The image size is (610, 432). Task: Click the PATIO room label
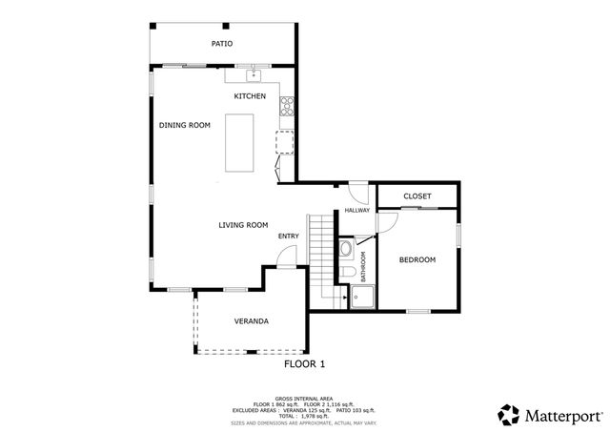click(x=221, y=44)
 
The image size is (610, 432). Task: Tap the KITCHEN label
click(x=251, y=96)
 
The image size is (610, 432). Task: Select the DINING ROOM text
click(x=184, y=125)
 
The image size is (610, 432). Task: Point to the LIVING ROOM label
click(x=242, y=225)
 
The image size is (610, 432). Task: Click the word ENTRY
click(x=288, y=237)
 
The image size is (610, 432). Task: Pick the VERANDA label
click(x=251, y=321)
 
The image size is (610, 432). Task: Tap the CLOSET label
click(x=417, y=196)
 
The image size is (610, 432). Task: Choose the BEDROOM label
click(x=417, y=259)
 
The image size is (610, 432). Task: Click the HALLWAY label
click(x=356, y=211)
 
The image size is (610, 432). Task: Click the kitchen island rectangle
click(x=239, y=143)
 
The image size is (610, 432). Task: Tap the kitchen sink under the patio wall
click(x=255, y=74)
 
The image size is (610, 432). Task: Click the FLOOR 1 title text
click(x=305, y=364)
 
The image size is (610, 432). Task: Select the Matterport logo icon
click(x=509, y=415)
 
